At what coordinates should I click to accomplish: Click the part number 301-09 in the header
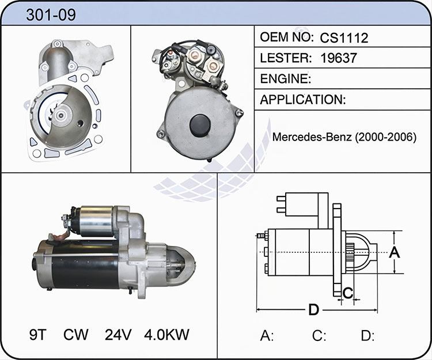tap(51, 15)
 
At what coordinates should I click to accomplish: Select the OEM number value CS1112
tap(344, 38)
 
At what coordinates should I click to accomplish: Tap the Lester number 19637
tap(339, 58)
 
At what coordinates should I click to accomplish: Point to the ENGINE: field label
tap(286, 79)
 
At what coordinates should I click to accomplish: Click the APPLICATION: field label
tap(303, 100)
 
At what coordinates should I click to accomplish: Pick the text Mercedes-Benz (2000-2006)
tap(344, 137)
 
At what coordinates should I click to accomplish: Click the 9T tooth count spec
tap(38, 335)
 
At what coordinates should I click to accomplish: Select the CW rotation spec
tap(76, 335)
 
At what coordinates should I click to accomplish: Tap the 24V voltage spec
tap(118, 335)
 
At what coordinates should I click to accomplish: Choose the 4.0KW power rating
tap(166, 335)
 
